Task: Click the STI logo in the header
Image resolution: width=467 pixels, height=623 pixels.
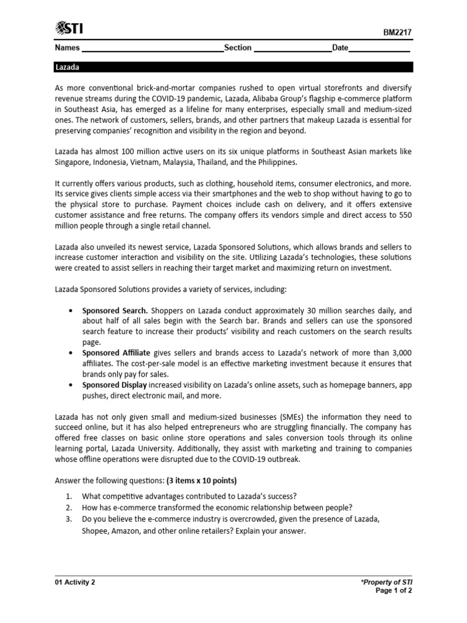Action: tap(69, 28)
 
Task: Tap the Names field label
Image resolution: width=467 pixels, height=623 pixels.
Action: tap(67, 48)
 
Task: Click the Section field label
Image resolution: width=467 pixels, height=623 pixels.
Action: tap(238, 48)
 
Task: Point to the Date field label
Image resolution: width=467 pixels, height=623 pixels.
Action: tap(340, 48)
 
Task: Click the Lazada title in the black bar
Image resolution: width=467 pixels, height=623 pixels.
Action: tap(67, 67)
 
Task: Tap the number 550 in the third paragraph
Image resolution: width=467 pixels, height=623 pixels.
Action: tap(404, 215)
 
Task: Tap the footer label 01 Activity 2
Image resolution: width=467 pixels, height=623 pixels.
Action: tap(75, 582)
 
